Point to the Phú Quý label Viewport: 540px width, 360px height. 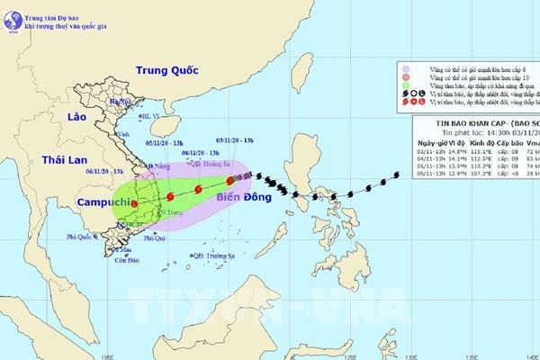pyautogui.click(x=156, y=238)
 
